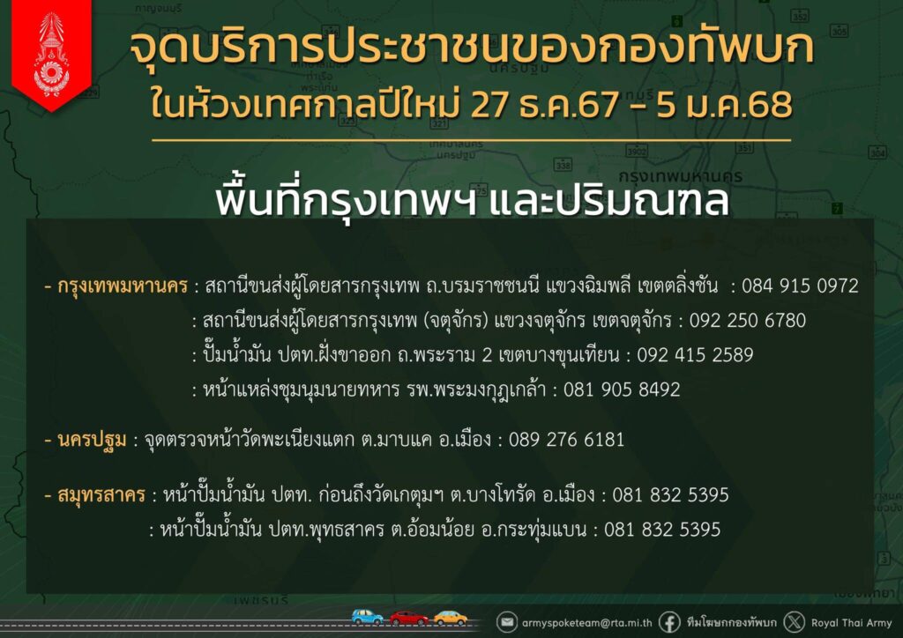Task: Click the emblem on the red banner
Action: (x=52, y=54)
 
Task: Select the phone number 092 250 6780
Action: (x=748, y=321)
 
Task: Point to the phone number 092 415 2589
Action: (x=695, y=355)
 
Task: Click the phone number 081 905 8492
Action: (x=622, y=389)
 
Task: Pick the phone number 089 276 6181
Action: (x=567, y=440)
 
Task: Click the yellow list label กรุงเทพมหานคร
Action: (x=123, y=286)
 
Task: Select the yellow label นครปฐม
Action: (x=92, y=441)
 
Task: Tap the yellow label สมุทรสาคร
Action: (x=101, y=495)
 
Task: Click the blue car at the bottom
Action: (x=367, y=617)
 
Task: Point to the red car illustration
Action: (x=408, y=618)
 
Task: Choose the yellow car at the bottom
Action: (x=451, y=618)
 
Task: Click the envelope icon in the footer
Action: (x=507, y=622)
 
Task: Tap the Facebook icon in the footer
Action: (x=669, y=622)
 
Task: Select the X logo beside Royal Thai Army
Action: (x=795, y=622)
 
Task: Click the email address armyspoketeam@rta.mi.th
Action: (x=586, y=623)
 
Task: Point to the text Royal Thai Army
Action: (x=851, y=623)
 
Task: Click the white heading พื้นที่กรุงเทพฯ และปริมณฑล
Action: (x=473, y=200)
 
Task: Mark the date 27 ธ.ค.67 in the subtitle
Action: (x=545, y=105)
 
